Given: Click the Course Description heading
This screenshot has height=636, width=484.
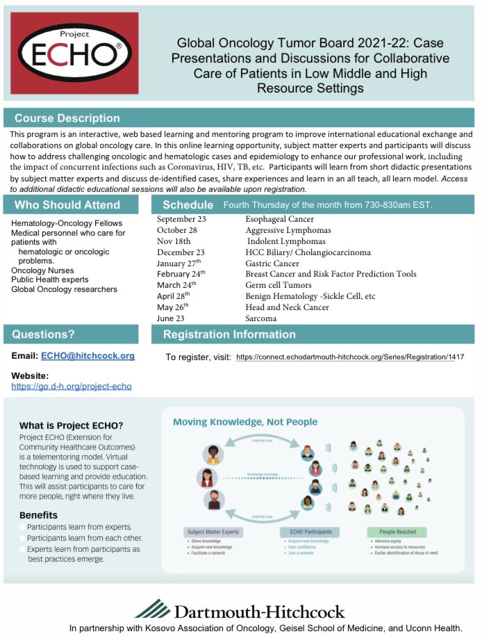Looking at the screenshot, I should pyautogui.click(x=67, y=118).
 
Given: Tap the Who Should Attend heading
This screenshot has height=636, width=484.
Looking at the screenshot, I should pyautogui.click(x=67, y=205).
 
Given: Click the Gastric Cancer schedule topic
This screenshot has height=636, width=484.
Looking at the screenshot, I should pyautogui.click(x=272, y=263).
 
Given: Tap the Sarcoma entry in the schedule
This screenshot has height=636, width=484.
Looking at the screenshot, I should pyautogui.click(x=261, y=318).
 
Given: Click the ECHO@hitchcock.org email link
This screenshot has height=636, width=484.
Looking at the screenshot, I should pyautogui.click(x=88, y=356).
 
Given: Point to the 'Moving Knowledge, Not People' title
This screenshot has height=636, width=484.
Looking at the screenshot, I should pyautogui.click(x=245, y=422).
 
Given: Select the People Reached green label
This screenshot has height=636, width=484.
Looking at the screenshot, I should pyautogui.click(x=397, y=532).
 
